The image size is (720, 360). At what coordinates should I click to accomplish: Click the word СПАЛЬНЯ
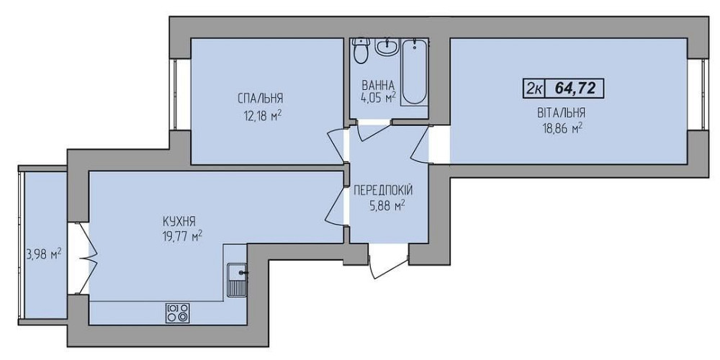coord(260,99)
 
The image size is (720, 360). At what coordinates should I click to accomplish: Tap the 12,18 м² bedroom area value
coord(262,114)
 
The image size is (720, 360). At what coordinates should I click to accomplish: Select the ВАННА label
coord(378,86)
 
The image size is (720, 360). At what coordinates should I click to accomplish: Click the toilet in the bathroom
coord(362,50)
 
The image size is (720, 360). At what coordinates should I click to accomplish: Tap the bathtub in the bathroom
coord(415,71)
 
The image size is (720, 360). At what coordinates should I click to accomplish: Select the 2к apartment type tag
coord(533,88)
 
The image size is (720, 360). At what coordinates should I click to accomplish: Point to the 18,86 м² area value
coord(562,129)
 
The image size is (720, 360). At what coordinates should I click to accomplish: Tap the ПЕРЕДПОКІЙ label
coord(383,190)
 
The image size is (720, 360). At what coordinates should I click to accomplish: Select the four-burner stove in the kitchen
coord(178,313)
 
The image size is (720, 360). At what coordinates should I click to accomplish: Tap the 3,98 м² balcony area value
coord(45,254)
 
